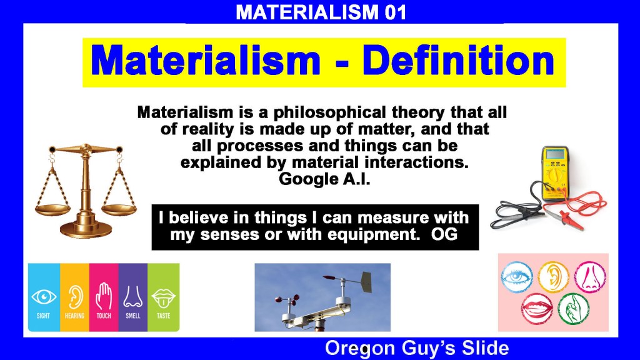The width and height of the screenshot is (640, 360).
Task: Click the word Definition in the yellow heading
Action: [458, 61]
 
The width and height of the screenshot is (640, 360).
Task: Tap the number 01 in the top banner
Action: [395, 12]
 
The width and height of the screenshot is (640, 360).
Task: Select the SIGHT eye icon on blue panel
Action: [44, 297]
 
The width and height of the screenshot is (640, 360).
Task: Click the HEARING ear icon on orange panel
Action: [75, 296]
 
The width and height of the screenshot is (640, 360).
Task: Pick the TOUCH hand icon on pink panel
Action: [104, 296]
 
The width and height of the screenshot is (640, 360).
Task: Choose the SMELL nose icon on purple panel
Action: [132, 296]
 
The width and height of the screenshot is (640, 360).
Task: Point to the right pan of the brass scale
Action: [119, 209]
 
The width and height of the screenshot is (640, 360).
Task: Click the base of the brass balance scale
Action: [86, 229]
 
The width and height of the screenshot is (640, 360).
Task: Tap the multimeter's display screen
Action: [555, 154]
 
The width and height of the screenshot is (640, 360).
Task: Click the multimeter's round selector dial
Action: [554, 176]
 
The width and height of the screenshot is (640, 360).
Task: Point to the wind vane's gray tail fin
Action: [366, 282]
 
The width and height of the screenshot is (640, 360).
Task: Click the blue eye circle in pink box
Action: [517, 277]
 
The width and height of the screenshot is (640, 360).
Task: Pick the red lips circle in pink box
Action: [537, 309]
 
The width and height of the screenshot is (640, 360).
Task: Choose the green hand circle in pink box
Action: [574, 309]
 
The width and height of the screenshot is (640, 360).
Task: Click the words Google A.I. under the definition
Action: [324, 179]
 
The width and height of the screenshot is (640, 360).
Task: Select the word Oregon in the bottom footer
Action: [360, 349]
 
